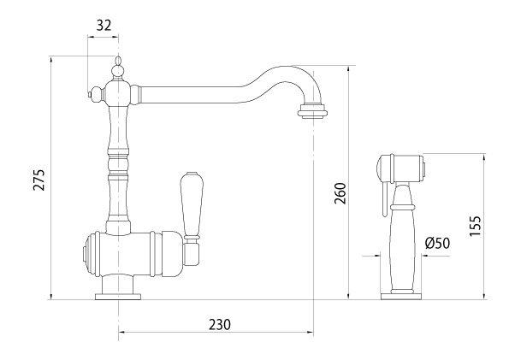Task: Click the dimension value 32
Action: (104, 25)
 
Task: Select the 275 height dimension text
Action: (40, 180)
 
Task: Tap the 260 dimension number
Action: (340, 193)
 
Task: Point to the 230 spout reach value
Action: (220, 324)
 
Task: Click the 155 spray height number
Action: (476, 226)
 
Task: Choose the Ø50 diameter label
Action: (438, 243)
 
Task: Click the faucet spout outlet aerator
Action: (312, 110)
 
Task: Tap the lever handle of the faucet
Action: (192, 205)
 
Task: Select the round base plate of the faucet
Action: (118, 296)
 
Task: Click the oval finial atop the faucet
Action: (118, 61)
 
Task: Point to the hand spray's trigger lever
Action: (385, 198)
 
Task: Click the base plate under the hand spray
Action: (401, 296)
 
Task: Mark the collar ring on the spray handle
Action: (403, 207)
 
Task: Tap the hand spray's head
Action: (400, 168)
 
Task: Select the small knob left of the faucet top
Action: (96, 94)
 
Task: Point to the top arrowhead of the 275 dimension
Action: (51, 59)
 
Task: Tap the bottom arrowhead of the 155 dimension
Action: (484, 296)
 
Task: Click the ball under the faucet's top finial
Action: (118, 71)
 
